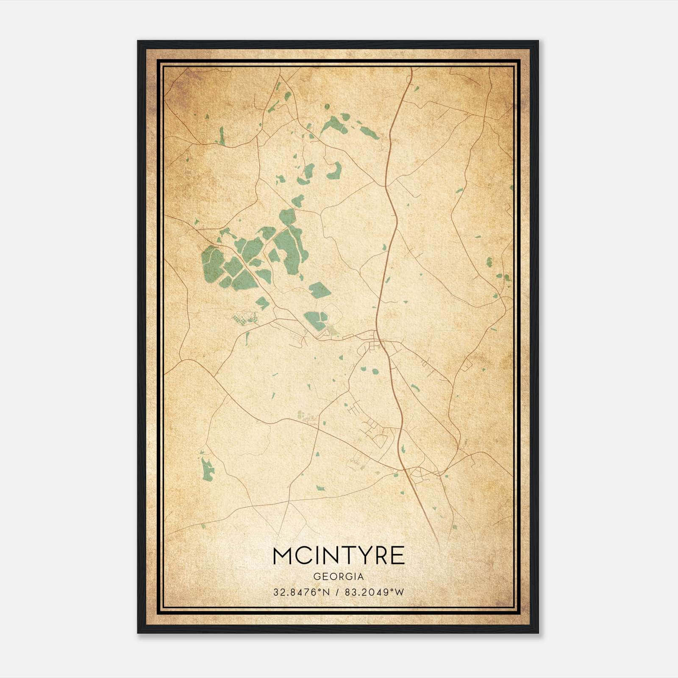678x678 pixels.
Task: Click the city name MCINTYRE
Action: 339,556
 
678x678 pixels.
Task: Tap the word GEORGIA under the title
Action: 339,576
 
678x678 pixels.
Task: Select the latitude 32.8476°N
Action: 301,592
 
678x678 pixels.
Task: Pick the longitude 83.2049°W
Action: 372,592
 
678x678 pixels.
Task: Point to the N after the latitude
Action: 326,592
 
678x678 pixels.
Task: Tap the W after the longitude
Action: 399,592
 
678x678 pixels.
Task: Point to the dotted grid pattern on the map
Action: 244,317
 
